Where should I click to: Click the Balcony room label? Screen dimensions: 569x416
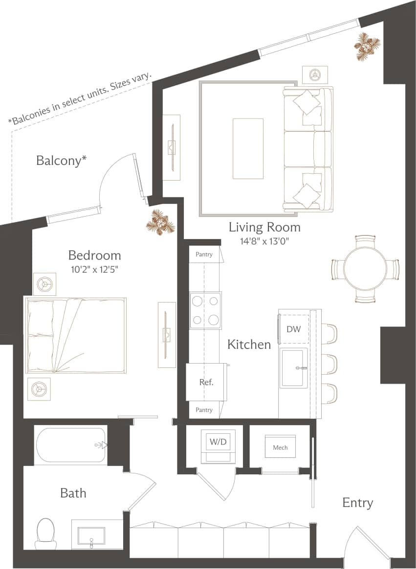[62, 161]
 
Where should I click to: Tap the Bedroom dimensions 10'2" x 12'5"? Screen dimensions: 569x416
[94, 268]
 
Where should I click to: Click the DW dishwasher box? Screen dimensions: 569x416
[294, 329]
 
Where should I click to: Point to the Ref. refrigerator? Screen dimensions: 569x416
[206, 383]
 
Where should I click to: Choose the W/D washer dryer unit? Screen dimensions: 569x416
[218, 443]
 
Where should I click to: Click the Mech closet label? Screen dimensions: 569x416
[280, 447]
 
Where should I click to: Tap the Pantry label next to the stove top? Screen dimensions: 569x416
[204, 254]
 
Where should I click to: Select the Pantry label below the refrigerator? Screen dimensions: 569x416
[204, 410]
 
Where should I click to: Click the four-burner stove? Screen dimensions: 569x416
[206, 310]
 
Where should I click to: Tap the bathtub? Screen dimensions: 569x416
[71, 445]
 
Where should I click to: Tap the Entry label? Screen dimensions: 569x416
[357, 503]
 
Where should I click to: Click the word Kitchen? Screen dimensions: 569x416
[249, 345]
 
